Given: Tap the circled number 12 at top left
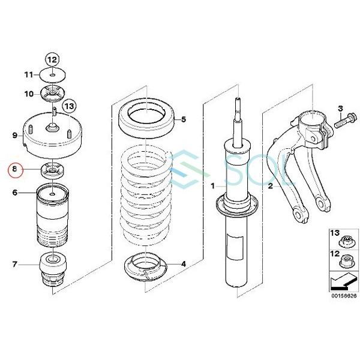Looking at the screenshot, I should (52, 59).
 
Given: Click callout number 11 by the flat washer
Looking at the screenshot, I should (29, 75).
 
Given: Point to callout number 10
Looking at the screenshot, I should (29, 94).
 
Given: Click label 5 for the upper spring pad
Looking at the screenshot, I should (184, 119).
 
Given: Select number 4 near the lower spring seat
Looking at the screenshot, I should (184, 263).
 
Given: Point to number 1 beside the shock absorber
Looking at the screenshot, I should (212, 187).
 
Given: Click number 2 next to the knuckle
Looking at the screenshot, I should (271, 187).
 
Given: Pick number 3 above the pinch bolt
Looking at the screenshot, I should (340, 109).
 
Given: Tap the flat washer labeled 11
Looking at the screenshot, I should (53, 75).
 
